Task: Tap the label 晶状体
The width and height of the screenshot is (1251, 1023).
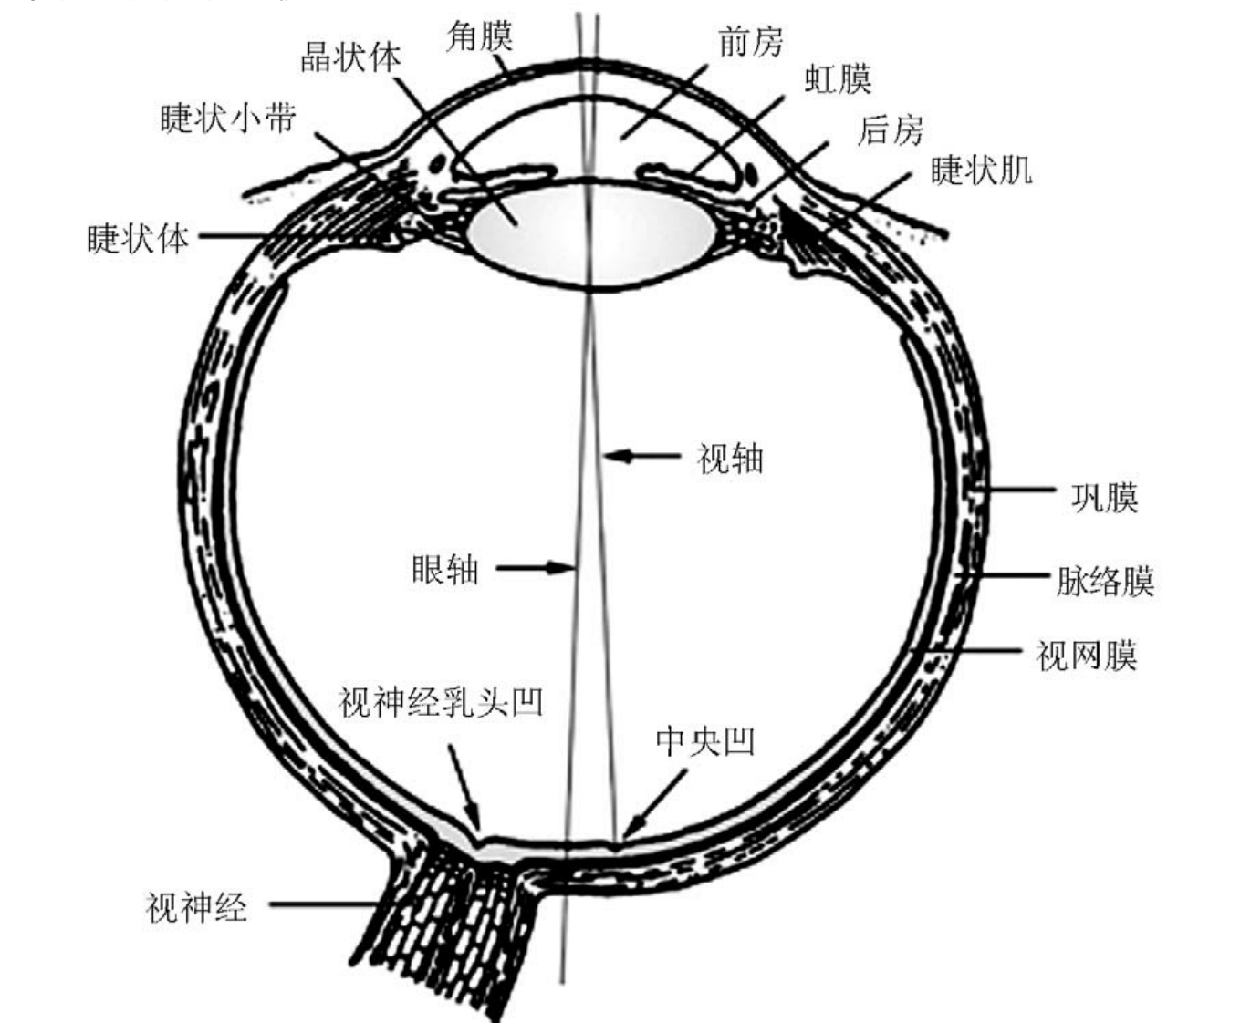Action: point(351,57)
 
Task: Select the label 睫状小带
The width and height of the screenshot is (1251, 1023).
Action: point(228,118)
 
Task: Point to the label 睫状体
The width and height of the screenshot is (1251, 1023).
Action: point(138,238)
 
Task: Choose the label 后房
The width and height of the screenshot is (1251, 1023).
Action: point(890,129)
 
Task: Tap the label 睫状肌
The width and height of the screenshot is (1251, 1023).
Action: point(981,170)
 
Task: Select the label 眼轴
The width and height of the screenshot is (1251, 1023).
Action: point(445,569)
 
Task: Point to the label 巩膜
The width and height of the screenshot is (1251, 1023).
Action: point(1104,497)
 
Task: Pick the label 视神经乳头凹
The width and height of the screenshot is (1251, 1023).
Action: point(441,701)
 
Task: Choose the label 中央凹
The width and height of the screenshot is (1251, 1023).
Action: point(704,740)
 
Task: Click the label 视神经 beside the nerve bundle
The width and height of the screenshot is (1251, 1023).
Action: point(196,907)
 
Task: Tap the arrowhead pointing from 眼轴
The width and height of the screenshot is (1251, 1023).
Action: point(561,568)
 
